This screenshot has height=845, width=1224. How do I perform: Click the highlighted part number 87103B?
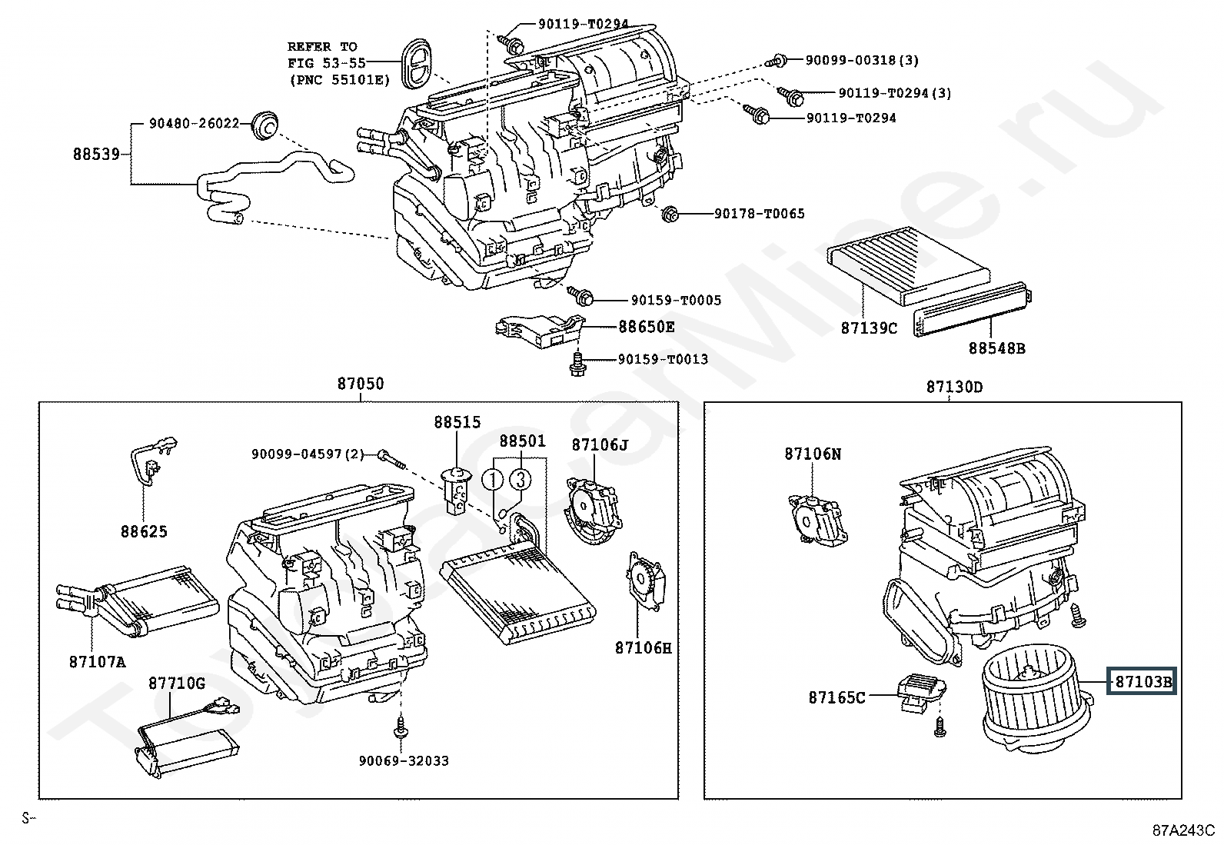1142,681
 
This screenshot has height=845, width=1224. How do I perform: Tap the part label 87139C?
868,328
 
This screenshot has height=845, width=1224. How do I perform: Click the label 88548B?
996,348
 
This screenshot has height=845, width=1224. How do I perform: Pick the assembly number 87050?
359,384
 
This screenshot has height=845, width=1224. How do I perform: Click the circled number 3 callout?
521,480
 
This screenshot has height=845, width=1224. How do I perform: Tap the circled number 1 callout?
493,480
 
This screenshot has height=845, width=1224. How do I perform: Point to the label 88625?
143,531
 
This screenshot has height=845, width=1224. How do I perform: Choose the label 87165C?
837,697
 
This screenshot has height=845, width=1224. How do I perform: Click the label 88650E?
647,327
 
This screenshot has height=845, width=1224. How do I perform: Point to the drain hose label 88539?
96,154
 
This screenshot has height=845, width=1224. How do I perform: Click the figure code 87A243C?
1182,830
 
